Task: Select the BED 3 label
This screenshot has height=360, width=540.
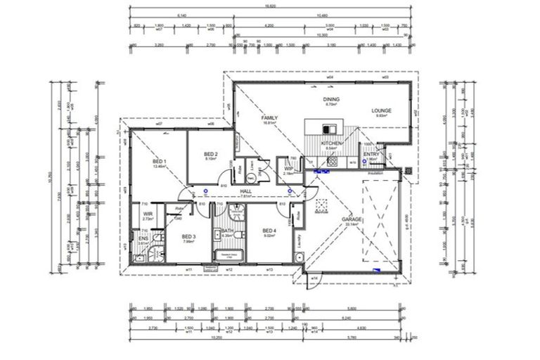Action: click(x=189, y=236)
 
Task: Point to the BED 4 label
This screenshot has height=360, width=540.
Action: click(x=269, y=231)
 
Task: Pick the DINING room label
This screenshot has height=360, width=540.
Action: click(x=331, y=100)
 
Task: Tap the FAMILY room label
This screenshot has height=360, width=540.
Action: click(x=269, y=117)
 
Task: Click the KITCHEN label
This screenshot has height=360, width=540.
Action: click(x=332, y=143)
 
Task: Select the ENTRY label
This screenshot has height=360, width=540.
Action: click(x=371, y=154)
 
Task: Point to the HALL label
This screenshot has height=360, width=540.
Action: click(x=246, y=191)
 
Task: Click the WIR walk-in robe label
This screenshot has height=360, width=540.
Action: click(x=148, y=214)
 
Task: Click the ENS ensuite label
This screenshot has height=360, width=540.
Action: click(x=143, y=239)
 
